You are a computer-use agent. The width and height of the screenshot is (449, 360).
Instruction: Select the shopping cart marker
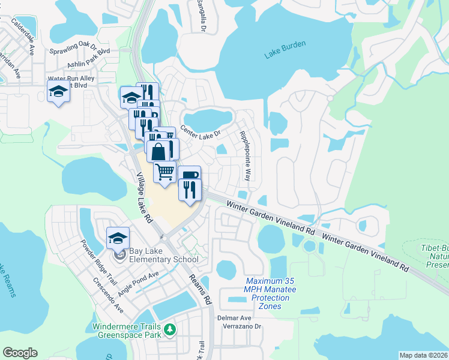(164, 173)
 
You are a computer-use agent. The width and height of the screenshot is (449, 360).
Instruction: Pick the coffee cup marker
(188, 176)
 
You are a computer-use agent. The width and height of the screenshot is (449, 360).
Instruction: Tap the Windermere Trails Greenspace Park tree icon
(170, 329)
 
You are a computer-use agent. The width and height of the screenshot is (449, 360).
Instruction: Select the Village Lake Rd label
(144, 198)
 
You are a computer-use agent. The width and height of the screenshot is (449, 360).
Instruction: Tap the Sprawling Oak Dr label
(73, 48)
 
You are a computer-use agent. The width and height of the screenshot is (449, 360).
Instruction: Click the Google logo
(20, 353)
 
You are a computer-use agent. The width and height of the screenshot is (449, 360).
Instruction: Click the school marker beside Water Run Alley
(58, 92)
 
